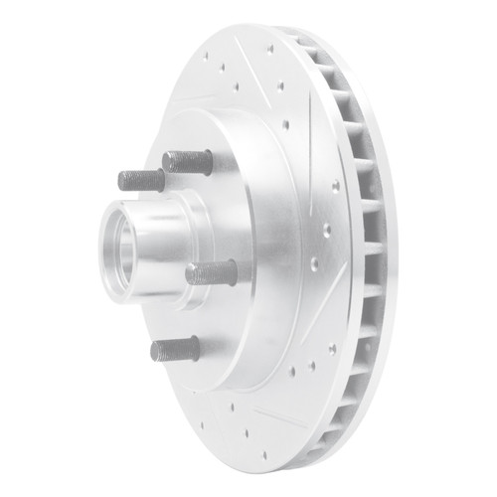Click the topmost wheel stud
click(x=186, y=159)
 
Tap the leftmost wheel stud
click(x=140, y=181)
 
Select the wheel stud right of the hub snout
click(x=211, y=271)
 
